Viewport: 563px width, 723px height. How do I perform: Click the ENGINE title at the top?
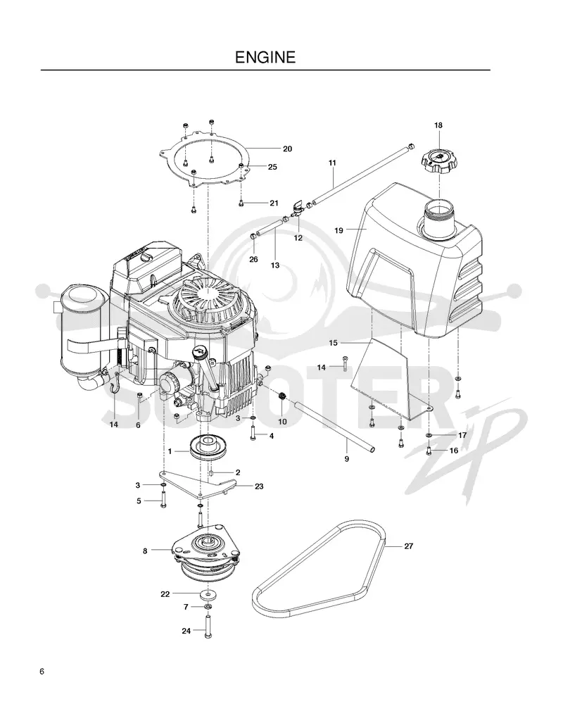click(265, 57)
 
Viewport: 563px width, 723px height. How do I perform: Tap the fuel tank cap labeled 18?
click(438, 161)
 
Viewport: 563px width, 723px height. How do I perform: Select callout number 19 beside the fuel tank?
click(339, 230)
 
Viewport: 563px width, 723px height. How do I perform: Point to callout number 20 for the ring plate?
click(287, 149)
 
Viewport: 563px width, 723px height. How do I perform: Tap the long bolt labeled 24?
click(208, 627)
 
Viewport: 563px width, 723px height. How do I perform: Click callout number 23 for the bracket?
click(259, 486)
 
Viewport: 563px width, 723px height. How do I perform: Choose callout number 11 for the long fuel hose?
click(332, 163)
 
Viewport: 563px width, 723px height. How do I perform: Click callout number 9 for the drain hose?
click(347, 459)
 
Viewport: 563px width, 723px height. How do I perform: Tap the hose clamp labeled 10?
click(281, 396)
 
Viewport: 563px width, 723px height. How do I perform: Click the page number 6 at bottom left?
click(42, 672)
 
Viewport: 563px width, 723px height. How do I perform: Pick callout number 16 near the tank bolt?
click(454, 451)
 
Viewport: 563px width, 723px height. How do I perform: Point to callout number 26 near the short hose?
click(253, 260)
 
